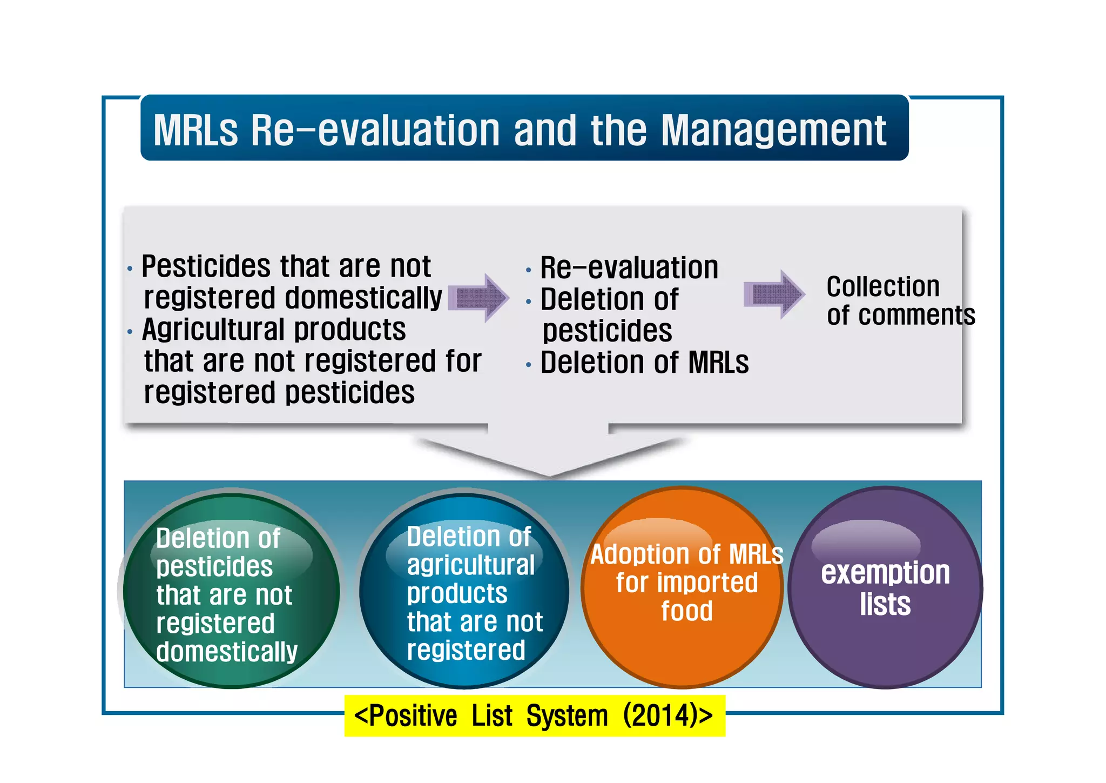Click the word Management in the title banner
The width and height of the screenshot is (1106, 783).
coord(773,130)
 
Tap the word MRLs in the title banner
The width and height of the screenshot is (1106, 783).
coord(195,130)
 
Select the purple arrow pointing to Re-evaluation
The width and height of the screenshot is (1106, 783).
coord(478,298)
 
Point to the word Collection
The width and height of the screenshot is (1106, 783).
coord(882,286)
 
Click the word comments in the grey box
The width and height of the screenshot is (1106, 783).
coord(916,315)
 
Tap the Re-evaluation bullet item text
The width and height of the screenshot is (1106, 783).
coord(629,268)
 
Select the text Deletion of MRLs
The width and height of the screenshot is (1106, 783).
coord(644,363)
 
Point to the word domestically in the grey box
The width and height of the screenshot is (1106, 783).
coord(363,298)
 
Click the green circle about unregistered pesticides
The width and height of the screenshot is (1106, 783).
coord(231,590)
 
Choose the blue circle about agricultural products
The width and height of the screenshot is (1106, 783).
coord(464,590)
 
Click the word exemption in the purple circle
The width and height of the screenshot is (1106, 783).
coord(885,573)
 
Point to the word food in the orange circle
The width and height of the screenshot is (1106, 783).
coord(687,611)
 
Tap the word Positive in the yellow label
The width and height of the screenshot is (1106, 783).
coord(413,716)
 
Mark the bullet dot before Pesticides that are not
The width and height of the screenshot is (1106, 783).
coord(130,269)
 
